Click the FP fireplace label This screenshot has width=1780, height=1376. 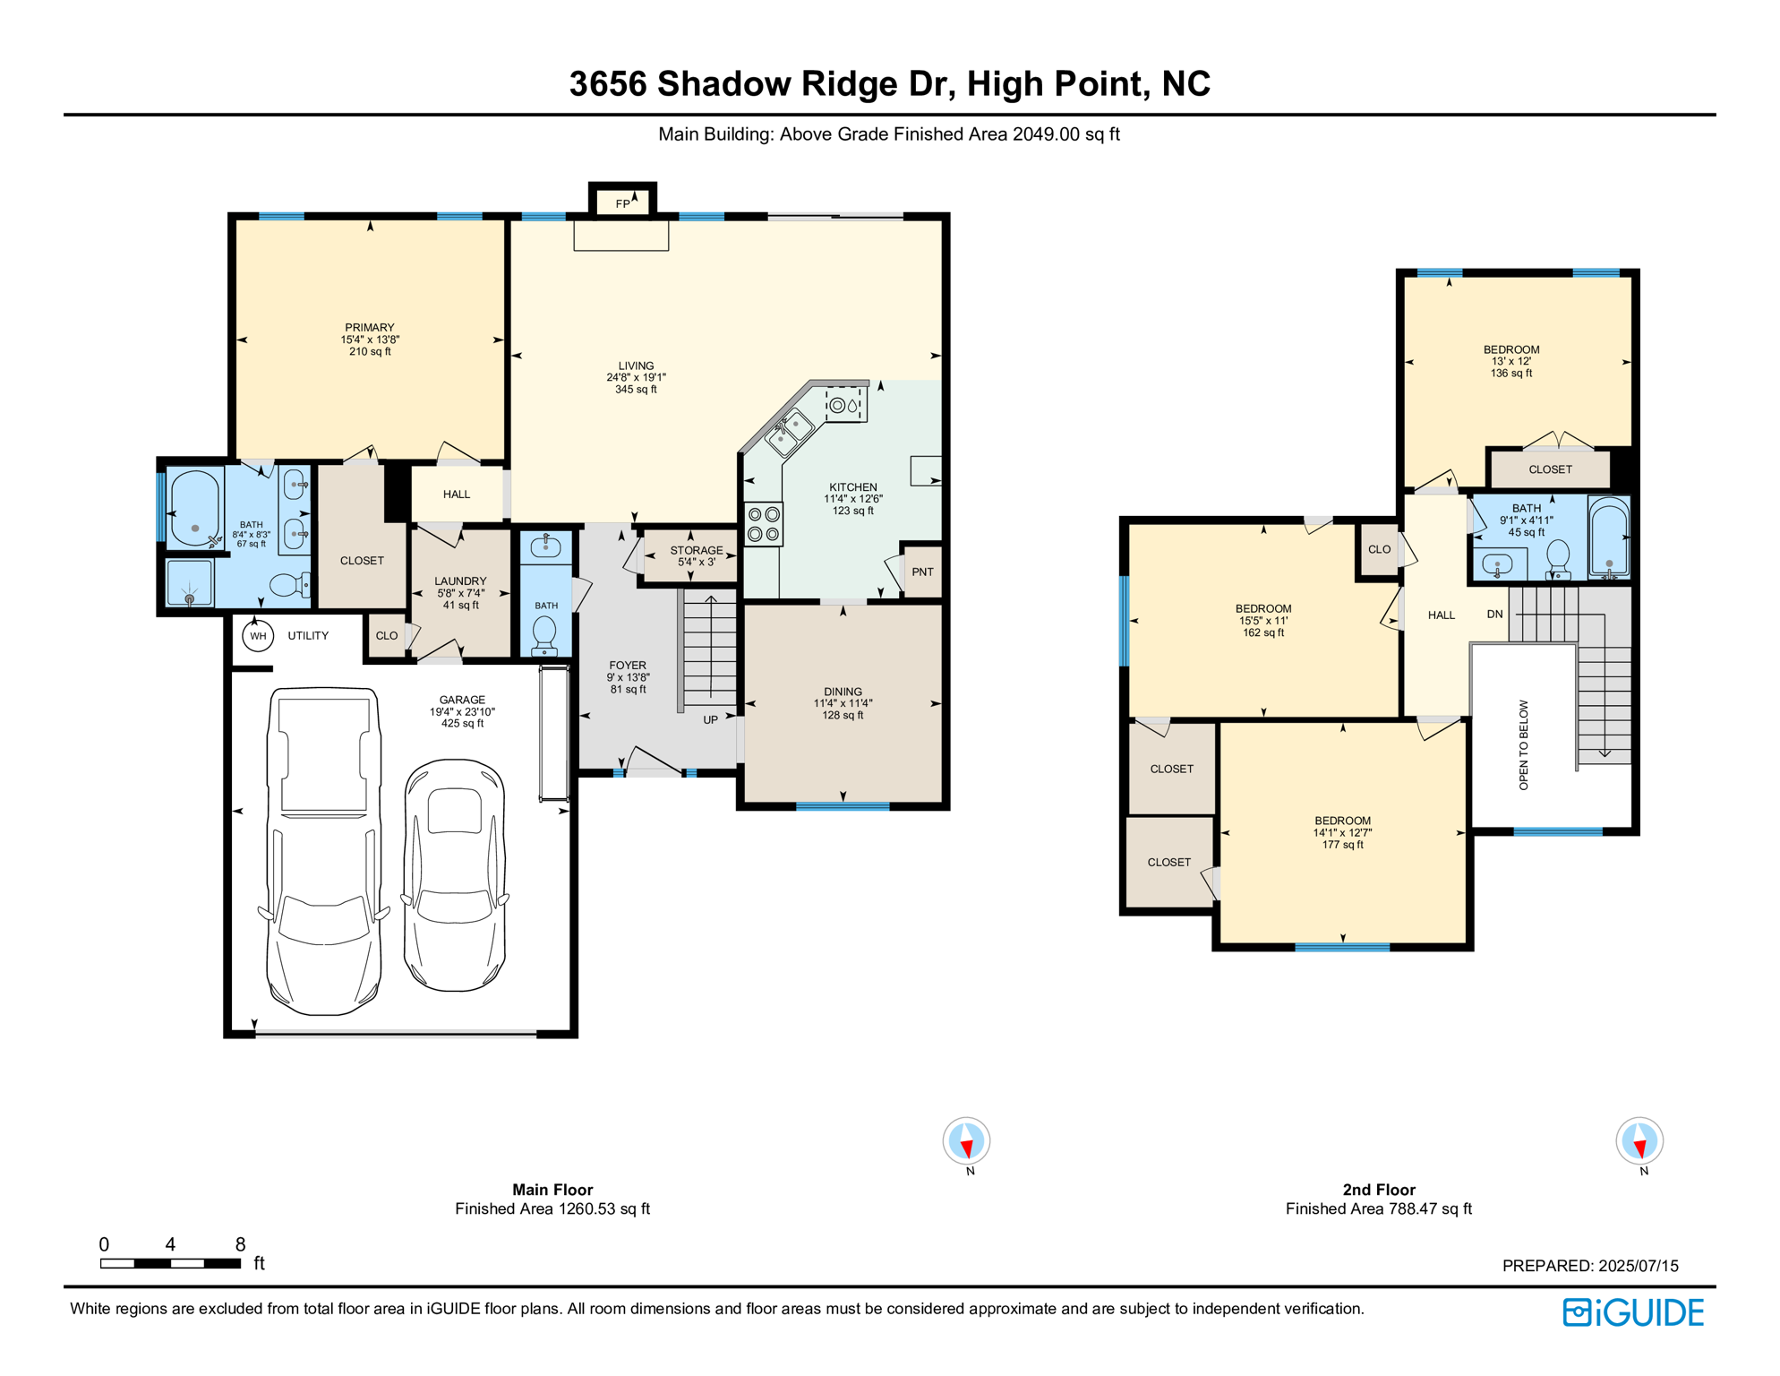click(x=622, y=204)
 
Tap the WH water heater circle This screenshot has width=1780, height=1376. click(x=258, y=636)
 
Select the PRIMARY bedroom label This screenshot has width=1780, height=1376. click(x=369, y=328)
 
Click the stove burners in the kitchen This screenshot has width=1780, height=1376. click(x=764, y=524)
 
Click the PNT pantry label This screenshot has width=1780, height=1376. click(x=922, y=572)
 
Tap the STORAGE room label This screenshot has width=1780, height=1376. click(x=696, y=551)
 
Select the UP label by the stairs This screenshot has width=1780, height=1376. click(x=710, y=719)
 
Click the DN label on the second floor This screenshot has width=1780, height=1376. click(x=1494, y=614)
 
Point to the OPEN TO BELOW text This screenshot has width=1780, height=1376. click(x=1523, y=744)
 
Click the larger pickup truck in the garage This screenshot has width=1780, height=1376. click(x=324, y=851)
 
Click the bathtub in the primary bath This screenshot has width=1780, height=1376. click(x=195, y=508)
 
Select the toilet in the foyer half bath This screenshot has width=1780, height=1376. click(x=544, y=635)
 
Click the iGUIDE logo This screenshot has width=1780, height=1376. click(x=1633, y=1312)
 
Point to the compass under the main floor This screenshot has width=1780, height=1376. click(x=966, y=1141)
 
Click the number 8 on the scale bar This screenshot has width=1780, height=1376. click(x=240, y=1243)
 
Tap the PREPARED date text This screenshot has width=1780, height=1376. click(x=1589, y=1266)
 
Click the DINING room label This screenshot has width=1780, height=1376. click(x=843, y=692)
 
